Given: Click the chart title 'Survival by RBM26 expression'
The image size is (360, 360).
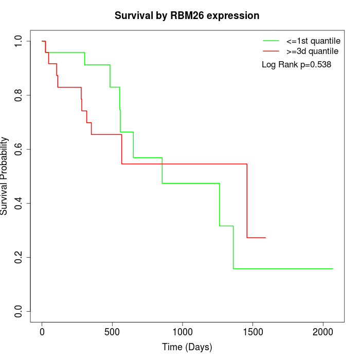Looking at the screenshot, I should click(187, 15).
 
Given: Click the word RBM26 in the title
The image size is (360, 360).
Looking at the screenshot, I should click(186, 15).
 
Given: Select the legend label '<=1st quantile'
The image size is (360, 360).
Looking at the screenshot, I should click(312, 41).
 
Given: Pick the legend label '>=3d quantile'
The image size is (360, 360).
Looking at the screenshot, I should click(312, 51).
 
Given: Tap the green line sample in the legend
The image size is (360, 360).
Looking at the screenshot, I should click(271, 41).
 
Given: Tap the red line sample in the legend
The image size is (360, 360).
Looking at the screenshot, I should click(271, 51).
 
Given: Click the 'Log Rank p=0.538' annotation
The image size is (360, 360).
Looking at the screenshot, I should click(296, 65).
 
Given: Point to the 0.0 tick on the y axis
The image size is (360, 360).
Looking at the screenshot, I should click(19, 311).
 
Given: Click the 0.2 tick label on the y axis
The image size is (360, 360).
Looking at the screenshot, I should click(19, 257).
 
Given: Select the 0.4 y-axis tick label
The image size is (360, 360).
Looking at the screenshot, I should click(19, 203).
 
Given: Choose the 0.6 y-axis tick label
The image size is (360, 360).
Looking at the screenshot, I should click(19, 149).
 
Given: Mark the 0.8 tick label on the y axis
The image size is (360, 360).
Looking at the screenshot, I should click(19, 95).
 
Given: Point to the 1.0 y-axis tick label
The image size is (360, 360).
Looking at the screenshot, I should click(19, 41).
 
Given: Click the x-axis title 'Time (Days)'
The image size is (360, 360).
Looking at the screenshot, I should click(187, 348).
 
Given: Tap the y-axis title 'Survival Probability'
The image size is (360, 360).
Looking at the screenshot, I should click(5, 176).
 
